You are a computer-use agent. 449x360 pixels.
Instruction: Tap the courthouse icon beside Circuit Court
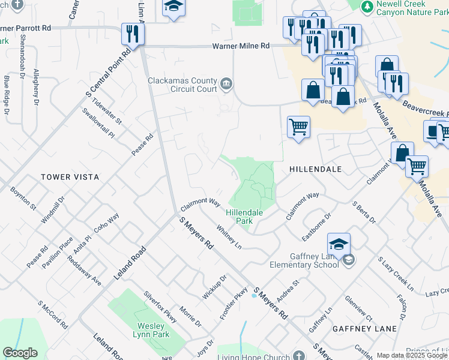point(226,83)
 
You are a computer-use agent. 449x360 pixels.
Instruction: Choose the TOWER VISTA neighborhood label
point(70,177)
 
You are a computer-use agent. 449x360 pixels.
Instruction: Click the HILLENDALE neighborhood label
point(315,169)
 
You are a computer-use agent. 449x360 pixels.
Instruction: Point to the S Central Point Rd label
point(108,73)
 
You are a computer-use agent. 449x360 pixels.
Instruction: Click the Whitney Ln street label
point(229,237)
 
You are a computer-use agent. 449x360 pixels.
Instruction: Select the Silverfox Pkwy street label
point(160,306)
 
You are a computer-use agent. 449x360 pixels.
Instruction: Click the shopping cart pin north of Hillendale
point(298,127)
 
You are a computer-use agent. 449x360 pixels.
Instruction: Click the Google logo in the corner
point(20,353)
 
